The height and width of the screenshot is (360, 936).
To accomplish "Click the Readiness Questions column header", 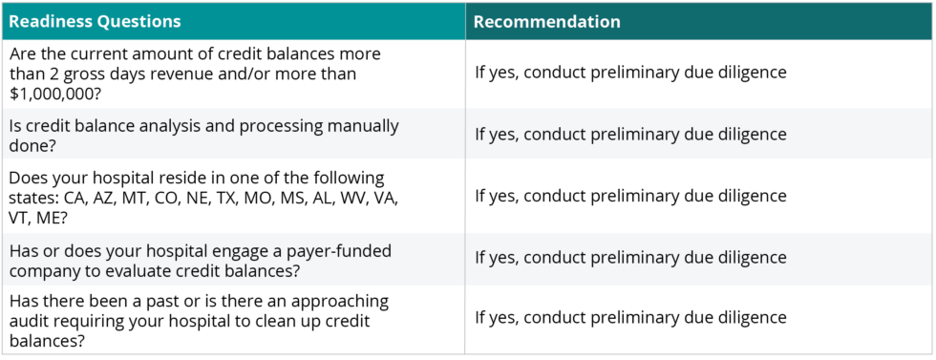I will coord(95,21).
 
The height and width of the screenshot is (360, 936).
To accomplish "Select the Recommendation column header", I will coord(546,21).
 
